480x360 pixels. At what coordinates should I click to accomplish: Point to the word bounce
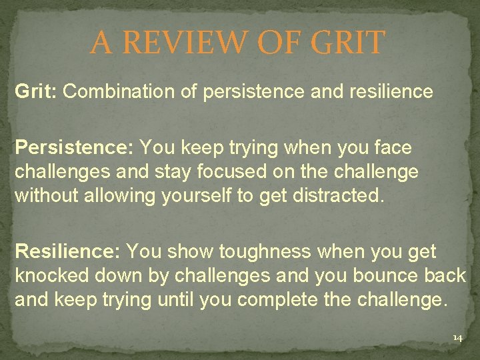pyautogui.click(x=382, y=276)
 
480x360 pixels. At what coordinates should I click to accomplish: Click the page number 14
pyautogui.click(x=457, y=339)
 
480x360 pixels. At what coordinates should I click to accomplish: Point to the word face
pyautogui.click(x=394, y=147)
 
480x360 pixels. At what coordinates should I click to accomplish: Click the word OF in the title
pyautogui.click(x=275, y=43)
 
